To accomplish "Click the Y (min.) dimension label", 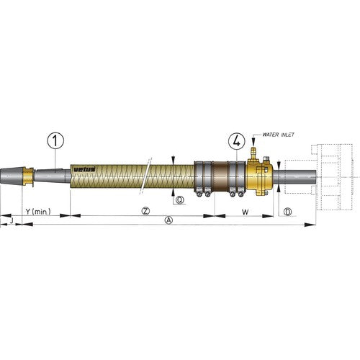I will [37, 212].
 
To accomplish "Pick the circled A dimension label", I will [169, 220].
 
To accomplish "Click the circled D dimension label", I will [287, 212].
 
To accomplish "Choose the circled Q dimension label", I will [179, 199].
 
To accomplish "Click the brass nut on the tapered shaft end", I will [28, 177].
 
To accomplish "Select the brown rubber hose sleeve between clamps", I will [224, 177].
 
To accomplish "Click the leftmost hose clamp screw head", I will [199, 194].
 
